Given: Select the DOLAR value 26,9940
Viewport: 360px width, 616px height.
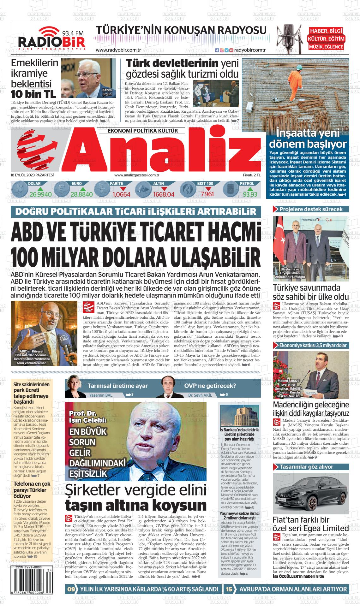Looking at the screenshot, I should (x=40, y=194).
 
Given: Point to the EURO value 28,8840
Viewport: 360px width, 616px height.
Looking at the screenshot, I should (x=81, y=194).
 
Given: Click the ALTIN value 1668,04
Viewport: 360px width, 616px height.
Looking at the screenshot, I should (x=164, y=194).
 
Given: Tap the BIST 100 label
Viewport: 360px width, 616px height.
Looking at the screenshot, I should (x=205, y=183).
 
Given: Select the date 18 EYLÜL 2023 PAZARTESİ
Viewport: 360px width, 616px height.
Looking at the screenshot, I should (x=32, y=175).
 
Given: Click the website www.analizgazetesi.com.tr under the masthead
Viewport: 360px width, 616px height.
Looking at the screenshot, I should (x=136, y=175).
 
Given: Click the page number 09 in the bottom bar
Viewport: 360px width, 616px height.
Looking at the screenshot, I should (x=71, y=589).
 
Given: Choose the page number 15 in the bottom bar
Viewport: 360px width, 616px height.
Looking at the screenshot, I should (x=229, y=589).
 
